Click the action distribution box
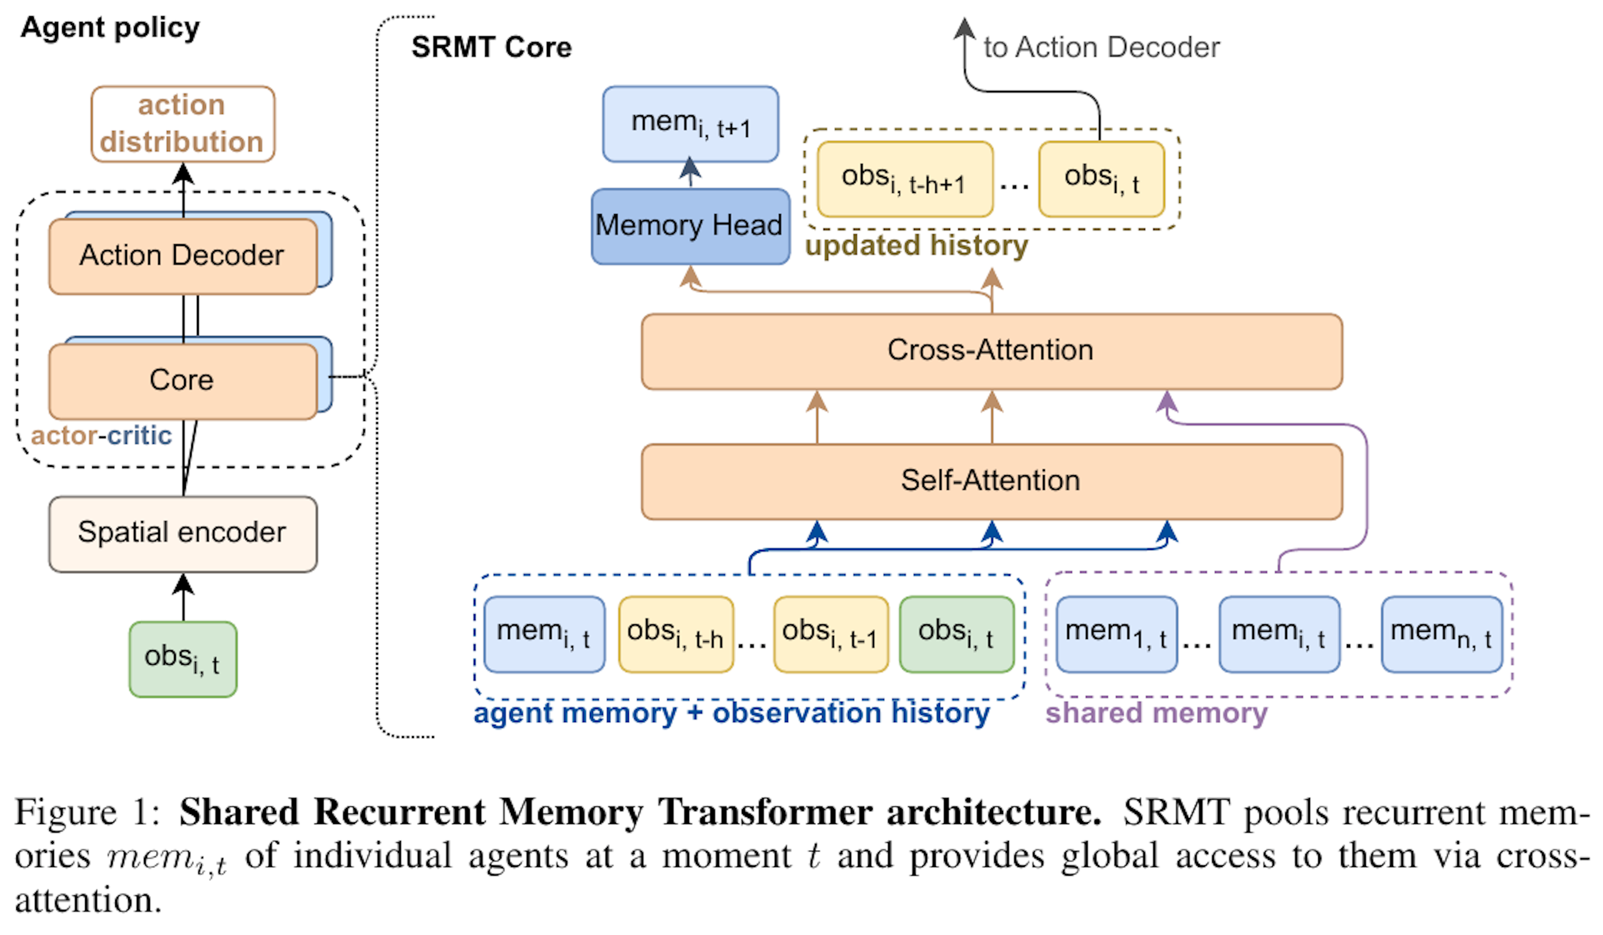(182, 124)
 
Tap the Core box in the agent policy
(182, 380)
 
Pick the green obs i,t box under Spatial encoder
(182, 659)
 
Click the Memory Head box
(690, 226)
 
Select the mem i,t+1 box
(690, 124)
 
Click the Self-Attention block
(991, 481)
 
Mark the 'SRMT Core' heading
(491, 47)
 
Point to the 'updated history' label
(915, 246)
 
